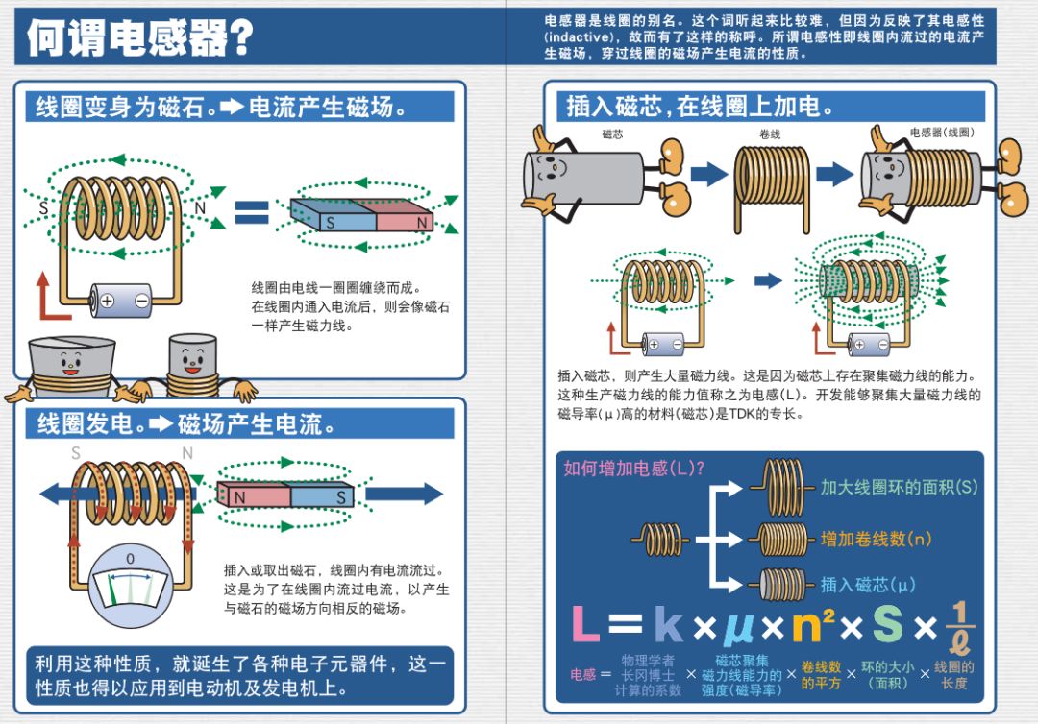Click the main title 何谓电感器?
click(x=140, y=37)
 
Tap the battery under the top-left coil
click(x=121, y=301)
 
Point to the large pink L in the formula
click(x=585, y=625)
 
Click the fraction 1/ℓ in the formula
click(x=960, y=625)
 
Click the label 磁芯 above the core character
click(x=612, y=134)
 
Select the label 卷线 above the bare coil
click(x=770, y=134)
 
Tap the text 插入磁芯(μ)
click(x=868, y=584)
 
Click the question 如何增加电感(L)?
click(x=634, y=469)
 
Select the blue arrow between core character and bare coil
click(x=709, y=174)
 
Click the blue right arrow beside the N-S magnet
click(x=404, y=495)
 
